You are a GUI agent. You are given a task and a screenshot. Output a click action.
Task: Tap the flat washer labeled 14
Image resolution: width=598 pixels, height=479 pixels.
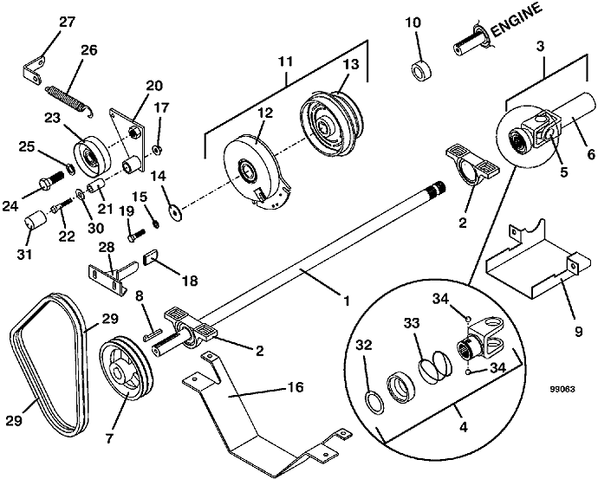point(176,208)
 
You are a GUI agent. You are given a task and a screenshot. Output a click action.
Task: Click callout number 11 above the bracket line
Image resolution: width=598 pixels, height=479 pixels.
point(287,62)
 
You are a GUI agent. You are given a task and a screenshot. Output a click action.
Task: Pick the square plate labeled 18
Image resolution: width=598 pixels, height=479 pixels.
point(152,256)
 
